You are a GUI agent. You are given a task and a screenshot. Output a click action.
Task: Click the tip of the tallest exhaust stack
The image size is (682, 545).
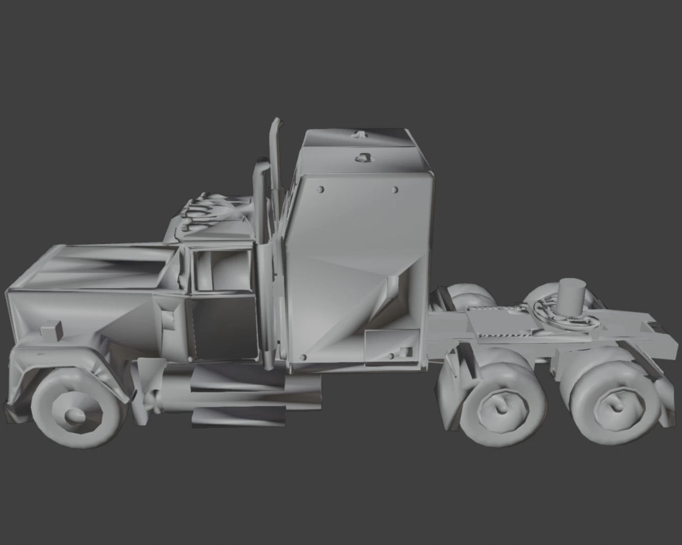(x=277, y=122)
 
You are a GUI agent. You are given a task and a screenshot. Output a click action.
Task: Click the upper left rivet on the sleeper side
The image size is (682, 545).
(x=321, y=189)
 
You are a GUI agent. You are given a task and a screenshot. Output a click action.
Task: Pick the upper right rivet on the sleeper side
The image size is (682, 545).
(x=394, y=190)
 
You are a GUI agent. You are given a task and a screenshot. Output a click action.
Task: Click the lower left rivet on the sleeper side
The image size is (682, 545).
(x=304, y=358)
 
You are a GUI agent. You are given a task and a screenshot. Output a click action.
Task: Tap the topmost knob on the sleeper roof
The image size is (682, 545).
(x=359, y=135)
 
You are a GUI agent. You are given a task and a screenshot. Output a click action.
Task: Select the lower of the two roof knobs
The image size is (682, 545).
(x=363, y=157)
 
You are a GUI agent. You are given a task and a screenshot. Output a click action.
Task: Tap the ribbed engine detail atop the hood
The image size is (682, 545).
(x=204, y=209)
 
